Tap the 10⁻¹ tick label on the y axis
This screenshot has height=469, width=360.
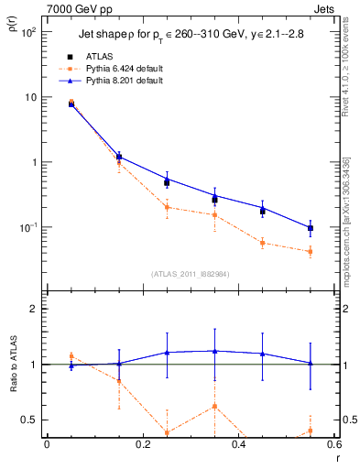pos(28,227)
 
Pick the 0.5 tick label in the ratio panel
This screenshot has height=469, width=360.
pos(31,420)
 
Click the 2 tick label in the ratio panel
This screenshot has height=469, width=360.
pos(35,309)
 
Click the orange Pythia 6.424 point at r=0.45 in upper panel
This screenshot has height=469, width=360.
pos(263,243)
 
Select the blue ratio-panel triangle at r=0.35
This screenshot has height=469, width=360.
pos(214,350)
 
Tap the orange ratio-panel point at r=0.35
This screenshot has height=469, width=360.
pos(214,406)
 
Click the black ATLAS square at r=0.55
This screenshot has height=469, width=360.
pos(311,228)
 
